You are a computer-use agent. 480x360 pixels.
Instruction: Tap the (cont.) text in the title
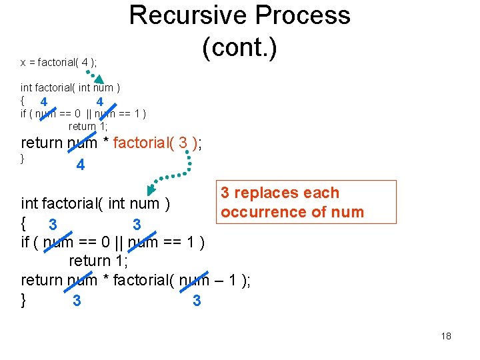(x=239, y=49)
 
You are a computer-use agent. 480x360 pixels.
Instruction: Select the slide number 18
(x=446, y=336)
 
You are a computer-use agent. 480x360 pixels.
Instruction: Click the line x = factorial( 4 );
(x=59, y=63)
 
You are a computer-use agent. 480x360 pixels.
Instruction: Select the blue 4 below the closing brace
(x=81, y=165)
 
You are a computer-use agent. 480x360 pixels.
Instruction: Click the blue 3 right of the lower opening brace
(x=53, y=223)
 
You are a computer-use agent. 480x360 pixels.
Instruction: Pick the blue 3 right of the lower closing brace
(x=77, y=301)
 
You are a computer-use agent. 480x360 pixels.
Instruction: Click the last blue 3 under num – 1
(x=197, y=301)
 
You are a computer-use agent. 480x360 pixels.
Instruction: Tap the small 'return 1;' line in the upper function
(x=88, y=126)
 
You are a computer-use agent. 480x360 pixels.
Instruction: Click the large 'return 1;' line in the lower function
(x=99, y=261)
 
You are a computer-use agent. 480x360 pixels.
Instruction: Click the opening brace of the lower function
(x=24, y=222)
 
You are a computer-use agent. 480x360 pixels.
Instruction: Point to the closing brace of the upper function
(x=23, y=159)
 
